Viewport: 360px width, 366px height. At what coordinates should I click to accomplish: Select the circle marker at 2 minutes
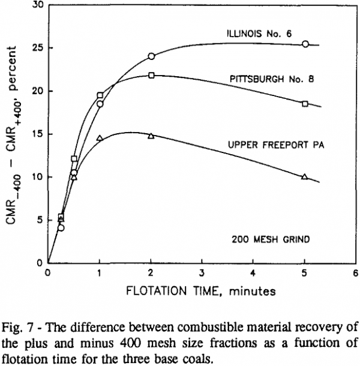coord(151,56)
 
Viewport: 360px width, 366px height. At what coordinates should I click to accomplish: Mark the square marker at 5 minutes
coord(305,104)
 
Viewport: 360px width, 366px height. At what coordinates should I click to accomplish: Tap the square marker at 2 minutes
coord(151,75)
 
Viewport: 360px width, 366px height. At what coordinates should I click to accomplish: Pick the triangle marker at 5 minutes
coord(305,176)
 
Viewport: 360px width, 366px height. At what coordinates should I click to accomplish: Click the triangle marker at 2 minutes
coord(151,136)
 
